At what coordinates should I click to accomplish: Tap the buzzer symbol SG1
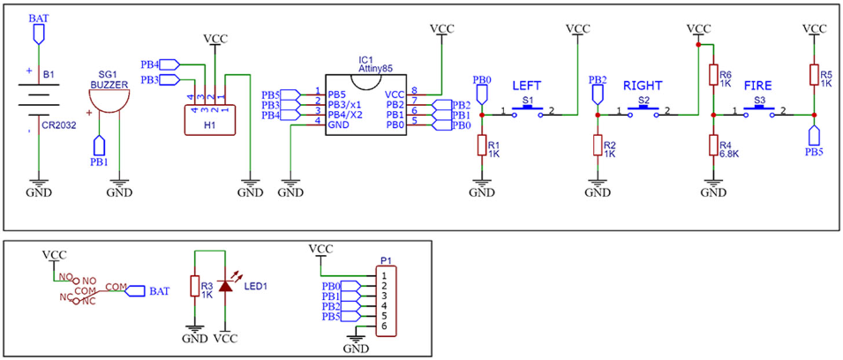tap(110, 100)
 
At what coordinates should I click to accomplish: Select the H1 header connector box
tap(209, 118)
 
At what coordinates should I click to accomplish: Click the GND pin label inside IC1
tap(338, 125)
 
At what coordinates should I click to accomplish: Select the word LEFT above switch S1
tap(527, 86)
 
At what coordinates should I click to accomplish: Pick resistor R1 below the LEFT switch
tap(481, 146)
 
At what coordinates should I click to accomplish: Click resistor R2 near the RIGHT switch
tap(598, 146)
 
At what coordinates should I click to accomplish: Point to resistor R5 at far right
tap(813, 76)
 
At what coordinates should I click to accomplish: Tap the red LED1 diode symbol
tap(226, 287)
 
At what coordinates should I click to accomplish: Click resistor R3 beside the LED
tap(194, 287)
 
